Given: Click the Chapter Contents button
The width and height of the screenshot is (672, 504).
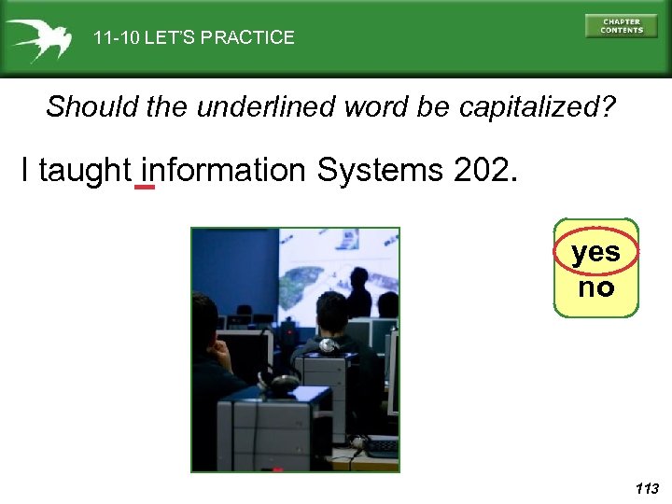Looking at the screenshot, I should pos(621,25).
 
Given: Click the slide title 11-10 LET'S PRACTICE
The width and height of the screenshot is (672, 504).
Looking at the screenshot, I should pos(193,38).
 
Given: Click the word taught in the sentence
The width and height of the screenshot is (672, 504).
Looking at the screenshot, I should pos(84,171).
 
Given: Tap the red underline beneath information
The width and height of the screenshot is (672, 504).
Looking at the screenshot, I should pos(145,188).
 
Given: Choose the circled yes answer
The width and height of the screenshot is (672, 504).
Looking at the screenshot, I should pos(595,252).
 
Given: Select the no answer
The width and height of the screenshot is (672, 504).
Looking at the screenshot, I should pos(595,287).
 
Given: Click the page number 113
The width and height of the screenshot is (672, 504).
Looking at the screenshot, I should pos(646,488).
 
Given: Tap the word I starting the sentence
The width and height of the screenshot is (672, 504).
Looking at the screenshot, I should pos(25,171).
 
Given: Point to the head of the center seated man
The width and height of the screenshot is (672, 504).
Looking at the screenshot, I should pos(331,313).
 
